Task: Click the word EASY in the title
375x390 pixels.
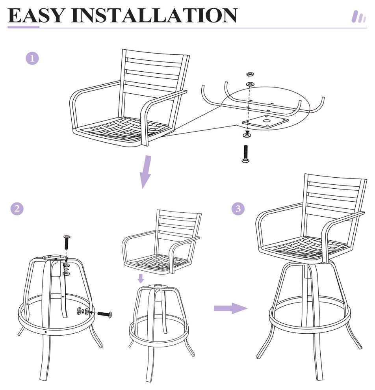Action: (x=37, y=15)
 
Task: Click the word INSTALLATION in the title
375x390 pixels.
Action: (x=154, y=15)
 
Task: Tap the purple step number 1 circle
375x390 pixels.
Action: (x=32, y=58)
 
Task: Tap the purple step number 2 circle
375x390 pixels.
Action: (x=17, y=208)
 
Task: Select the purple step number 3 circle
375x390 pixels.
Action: (x=238, y=208)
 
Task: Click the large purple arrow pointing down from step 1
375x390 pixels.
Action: (x=145, y=172)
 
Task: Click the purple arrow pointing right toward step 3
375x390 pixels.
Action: (x=231, y=308)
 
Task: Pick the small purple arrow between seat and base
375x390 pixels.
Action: (x=141, y=279)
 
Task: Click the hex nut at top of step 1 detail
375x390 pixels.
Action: (x=250, y=74)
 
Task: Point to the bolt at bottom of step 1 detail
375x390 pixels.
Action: (x=245, y=154)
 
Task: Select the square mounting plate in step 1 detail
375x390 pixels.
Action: (x=265, y=121)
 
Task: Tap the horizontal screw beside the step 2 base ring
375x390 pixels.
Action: (x=104, y=314)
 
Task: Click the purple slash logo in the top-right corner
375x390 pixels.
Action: (x=359, y=17)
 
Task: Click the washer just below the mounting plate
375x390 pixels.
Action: (x=247, y=135)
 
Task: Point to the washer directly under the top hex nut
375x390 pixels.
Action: (x=250, y=84)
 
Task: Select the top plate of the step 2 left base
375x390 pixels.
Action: (x=55, y=257)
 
